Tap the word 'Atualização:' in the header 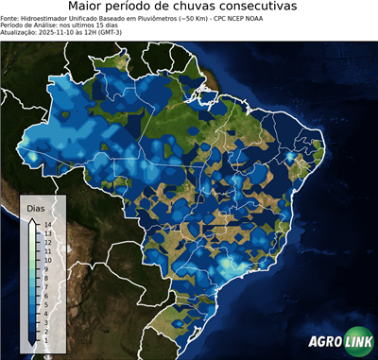[21, 31]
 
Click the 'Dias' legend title [36, 207]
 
